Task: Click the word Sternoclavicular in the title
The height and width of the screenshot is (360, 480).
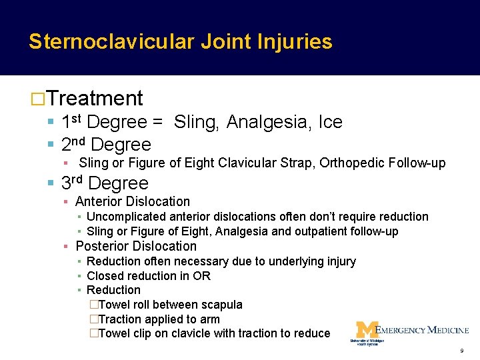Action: (x=111, y=42)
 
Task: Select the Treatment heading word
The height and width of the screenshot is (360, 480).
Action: (x=95, y=99)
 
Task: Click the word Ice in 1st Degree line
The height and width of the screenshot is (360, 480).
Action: (x=330, y=123)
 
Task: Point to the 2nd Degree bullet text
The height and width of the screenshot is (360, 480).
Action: (x=106, y=145)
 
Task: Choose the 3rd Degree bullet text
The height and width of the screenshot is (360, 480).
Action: (x=105, y=183)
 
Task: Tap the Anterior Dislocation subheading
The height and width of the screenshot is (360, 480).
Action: (x=133, y=201)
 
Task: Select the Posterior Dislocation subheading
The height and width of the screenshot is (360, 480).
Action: (x=136, y=246)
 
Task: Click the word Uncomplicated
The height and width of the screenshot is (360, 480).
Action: (x=125, y=217)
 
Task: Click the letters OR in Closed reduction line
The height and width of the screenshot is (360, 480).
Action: (x=203, y=276)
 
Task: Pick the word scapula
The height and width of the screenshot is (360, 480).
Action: (x=217, y=305)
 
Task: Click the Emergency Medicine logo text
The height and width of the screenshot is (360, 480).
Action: (x=423, y=330)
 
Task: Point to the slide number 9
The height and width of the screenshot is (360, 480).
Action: (x=461, y=350)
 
